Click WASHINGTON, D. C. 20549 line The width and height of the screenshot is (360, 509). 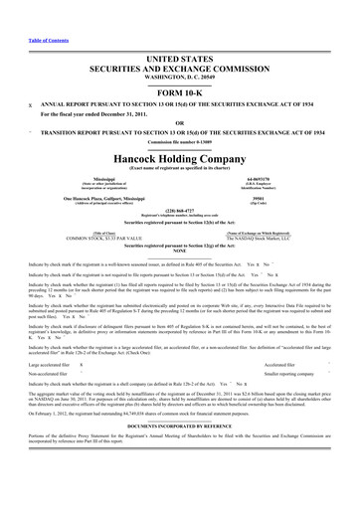(180, 48)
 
